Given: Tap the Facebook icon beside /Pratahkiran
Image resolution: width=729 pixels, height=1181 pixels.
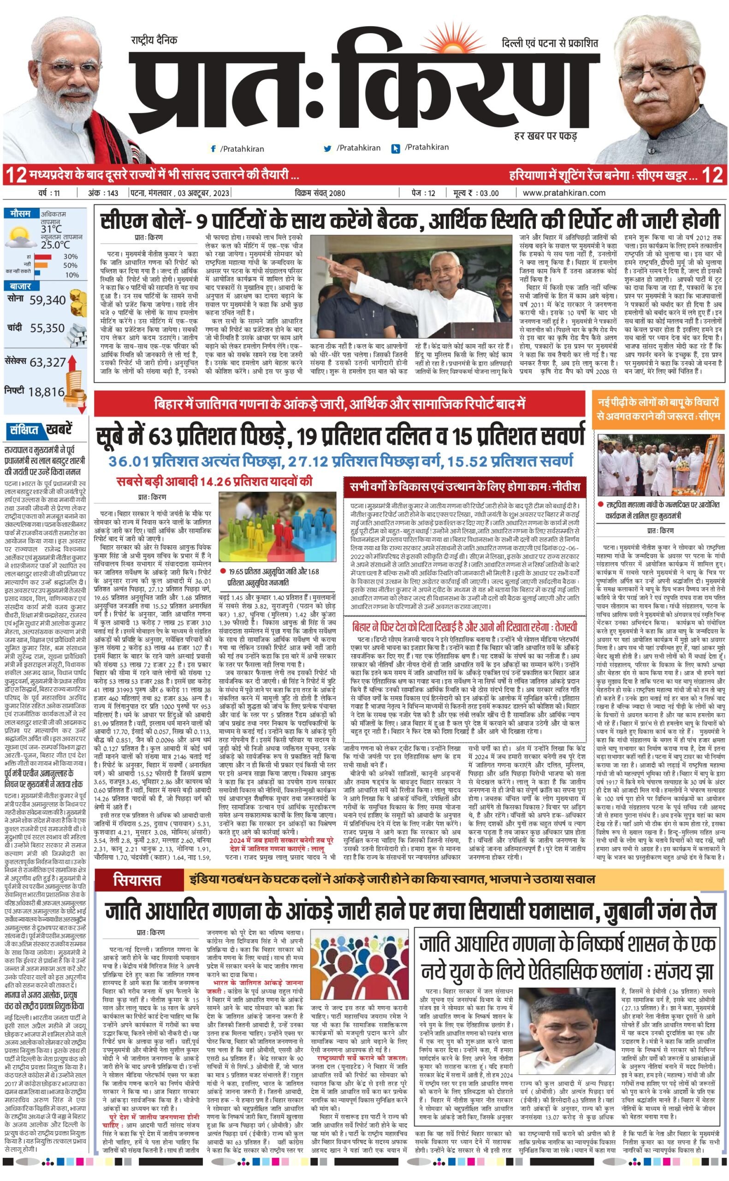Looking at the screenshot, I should coord(213,149).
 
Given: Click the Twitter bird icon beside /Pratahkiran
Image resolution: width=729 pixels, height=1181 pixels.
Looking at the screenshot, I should coord(328,149).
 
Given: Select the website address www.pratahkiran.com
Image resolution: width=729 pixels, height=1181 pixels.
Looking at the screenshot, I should coord(563,193).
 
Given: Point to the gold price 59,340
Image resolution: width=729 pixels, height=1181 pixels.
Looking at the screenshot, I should coord(47,300).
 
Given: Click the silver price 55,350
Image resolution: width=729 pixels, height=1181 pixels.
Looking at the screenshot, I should coord(47,328).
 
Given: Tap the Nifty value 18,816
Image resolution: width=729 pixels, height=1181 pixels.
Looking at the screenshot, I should coord(46,392).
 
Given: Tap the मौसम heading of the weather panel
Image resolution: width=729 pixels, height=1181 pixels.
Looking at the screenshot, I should coord(20,213).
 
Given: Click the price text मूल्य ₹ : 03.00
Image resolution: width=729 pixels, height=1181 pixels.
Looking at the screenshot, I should coord(475,193).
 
